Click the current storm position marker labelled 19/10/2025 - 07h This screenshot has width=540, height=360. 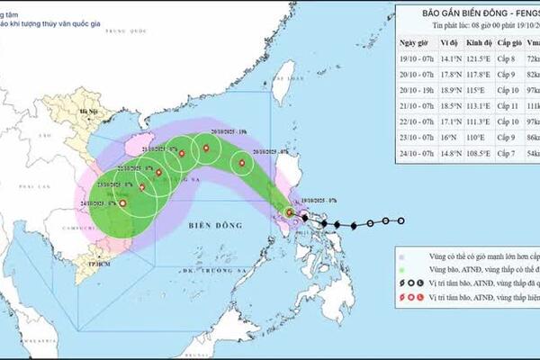tap(290, 212)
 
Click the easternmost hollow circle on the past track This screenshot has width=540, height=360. tap(401, 220)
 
